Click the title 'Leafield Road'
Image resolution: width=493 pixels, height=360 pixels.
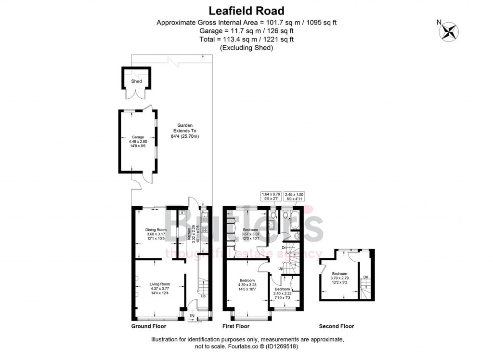pos(246,10)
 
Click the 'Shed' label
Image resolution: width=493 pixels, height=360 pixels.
pos(137,81)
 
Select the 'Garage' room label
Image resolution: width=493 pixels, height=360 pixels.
pos(138,137)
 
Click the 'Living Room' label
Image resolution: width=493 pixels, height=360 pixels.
pos(159,284)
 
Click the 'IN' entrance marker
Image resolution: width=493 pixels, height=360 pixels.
pos(192,316)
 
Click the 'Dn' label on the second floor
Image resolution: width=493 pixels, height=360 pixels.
pos(365,277)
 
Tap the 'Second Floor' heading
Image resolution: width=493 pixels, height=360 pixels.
pos(337,326)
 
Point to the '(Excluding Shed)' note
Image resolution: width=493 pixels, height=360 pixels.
pos(246,48)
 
